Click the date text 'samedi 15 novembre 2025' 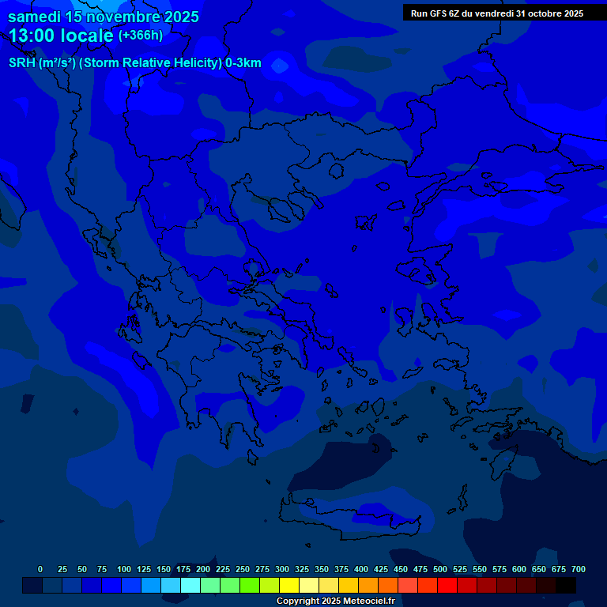click(x=104, y=17)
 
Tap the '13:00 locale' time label click(x=62, y=36)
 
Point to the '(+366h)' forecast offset click(x=141, y=36)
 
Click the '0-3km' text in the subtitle click(x=243, y=64)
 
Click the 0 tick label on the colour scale click(x=40, y=569)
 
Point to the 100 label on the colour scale click(x=124, y=569)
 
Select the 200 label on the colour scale click(x=203, y=569)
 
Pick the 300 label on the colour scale click(x=282, y=569)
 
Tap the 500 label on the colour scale click(x=440, y=569)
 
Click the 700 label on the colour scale click(x=579, y=569)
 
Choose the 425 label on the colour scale click(x=381, y=569)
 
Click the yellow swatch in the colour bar click(x=289, y=585)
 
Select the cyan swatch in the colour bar click(x=190, y=585)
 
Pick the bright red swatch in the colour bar click(x=447, y=585)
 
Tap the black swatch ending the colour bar click(x=566, y=585)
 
